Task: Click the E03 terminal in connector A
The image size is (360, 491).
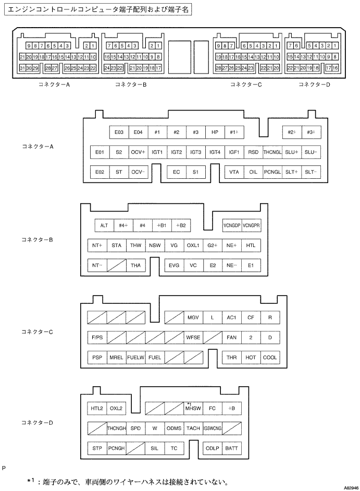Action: pyautogui.click(x=119, y=132)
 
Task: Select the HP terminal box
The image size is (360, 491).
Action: pyautogui.click(x=215, y=132)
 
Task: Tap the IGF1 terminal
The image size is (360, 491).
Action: pyautogui.click(x=234, y=152)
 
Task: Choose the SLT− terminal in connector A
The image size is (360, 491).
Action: pyautogui.click(x=311, y=171)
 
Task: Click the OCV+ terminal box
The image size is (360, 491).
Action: pyautogui.click(x=138, y=152)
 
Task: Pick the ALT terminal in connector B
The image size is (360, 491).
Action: pyautogui.click(x=104, y=225)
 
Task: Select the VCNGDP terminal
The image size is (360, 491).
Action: pyautogui.click(x=231, y=225)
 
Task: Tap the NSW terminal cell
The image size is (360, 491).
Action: pyautogui.click(x=155, y=245)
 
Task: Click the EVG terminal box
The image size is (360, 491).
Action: pyautogui.click(x=174, y=265)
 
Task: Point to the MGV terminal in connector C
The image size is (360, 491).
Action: pyautogui.click(x=193, y=317)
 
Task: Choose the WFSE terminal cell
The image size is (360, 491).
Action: pyautogui.click(x=193, y=337)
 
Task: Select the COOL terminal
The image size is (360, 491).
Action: pyautogui.click(x=270, y=357)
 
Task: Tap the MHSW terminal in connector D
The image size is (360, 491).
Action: pyautogui.click(x=193, y=409)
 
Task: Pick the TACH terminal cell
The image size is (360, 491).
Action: pyautogui.click(x=193, y=428)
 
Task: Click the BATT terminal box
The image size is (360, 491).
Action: pyautogui.click(x=232, y=448)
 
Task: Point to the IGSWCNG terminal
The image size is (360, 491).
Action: pyautogui.click(x=213, y=428)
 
